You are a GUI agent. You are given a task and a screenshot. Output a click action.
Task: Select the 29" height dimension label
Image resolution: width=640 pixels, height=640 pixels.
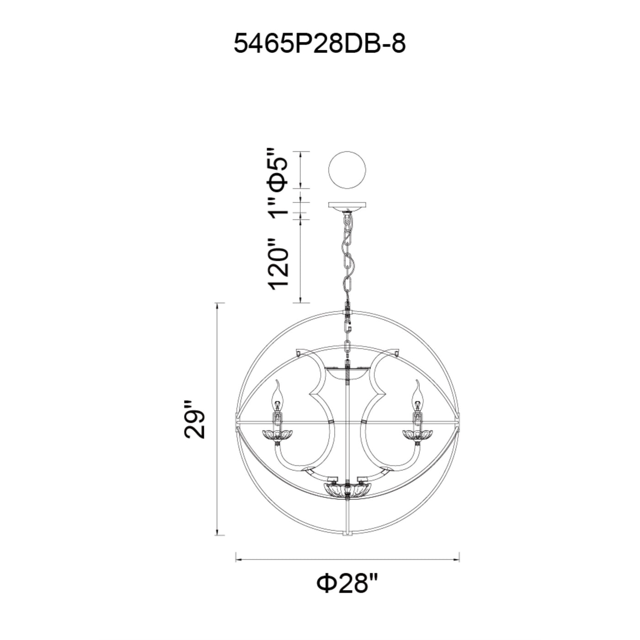click(195, 420)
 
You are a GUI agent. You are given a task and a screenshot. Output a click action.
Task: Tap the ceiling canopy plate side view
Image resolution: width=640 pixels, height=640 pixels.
click(347, 206)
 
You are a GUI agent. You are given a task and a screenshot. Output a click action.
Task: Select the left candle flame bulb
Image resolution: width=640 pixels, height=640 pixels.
click(277, 399)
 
